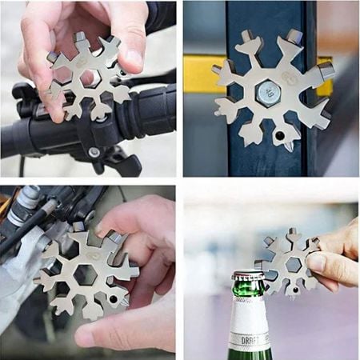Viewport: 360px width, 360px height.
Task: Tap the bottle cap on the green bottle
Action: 248,280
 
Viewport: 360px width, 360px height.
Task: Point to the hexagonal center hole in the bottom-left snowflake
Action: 87,272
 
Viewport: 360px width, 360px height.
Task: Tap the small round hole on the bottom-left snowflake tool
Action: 113,299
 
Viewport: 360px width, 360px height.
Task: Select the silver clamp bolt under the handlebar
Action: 94,152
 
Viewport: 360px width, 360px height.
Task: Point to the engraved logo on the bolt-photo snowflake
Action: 289,79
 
